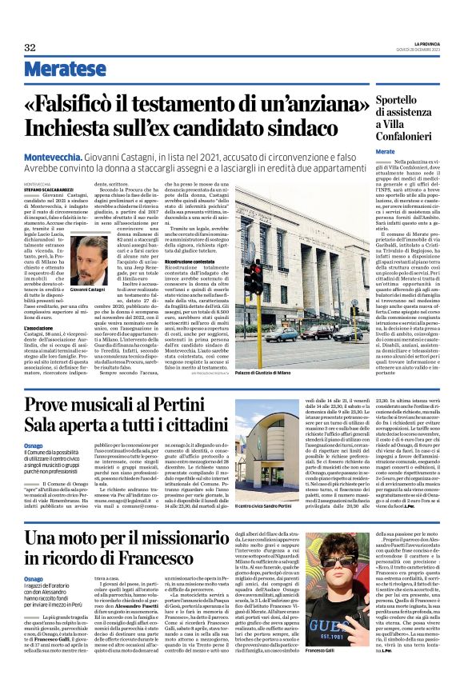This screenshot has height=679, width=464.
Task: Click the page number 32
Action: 30,47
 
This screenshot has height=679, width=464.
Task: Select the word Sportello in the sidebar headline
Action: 382,101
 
